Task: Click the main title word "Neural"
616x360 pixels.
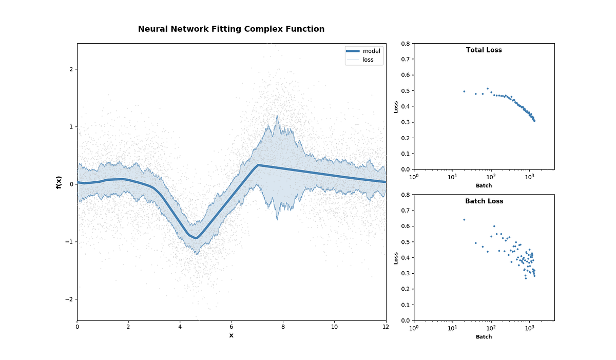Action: (x=152, y=29)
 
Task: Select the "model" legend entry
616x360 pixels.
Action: (x=371, y=51)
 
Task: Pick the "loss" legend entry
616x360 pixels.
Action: (x=368, y=60)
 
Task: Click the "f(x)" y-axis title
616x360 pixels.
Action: (x=59, y=182)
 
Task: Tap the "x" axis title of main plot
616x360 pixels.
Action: (x=231, y=335)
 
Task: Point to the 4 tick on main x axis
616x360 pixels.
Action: (x=180, y=326)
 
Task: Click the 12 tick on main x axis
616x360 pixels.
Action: (x=386, y=326)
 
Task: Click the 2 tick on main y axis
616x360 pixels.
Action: (x=72, y=69)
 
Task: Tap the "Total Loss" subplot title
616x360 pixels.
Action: (x=484, y=50)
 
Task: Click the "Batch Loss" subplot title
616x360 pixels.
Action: (x=484, y=201)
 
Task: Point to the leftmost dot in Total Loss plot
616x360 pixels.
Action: (x=464, y=91)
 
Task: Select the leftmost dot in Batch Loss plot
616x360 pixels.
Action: (x=464, y=220)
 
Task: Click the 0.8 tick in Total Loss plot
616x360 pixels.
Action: (x=406, y=44)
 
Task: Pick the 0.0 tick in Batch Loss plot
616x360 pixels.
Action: (x=406, y=320)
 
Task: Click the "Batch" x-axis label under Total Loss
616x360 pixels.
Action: (x=484, y=185)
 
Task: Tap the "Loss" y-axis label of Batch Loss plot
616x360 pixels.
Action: (x=396, y=258)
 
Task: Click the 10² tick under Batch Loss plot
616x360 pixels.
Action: (x=491, y=328)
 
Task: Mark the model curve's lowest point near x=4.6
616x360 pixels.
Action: (x=196, y=238)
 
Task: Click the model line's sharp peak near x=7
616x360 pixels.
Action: (x=258, y=165)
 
